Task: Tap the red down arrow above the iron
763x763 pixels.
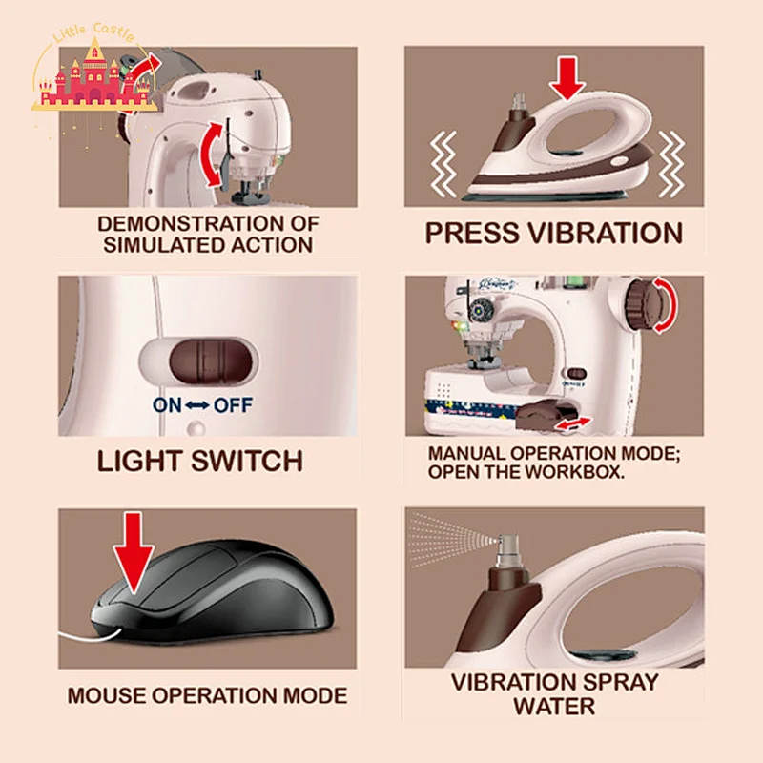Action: pyautogui.click(x=567, y=78)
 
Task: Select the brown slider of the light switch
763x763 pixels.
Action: pyautogui.click(x=210, y=361)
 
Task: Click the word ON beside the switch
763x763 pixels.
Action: pyautogui.click(x=167, y=404)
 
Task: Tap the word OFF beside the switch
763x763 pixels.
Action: pyautogui.click(x=233, y=404)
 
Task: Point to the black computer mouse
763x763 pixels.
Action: pyautogui.click(x=212, y=590)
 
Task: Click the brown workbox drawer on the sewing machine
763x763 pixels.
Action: pyautogui.click(x=541, y=415)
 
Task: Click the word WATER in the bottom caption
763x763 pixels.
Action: pyautogui.click(x=554, y=706)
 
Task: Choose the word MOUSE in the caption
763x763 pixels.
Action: pyautogui.click(x=107, y=695)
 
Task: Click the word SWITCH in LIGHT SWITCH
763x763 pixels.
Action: pyautogui.click(x=247, y=461)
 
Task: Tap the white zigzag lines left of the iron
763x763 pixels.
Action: pyautogui.click(x=443, y=163)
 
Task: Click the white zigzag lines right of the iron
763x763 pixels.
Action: pyautogui.click(x=671, y=163)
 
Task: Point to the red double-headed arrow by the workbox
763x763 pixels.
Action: pyautogui.click(x=574, y=423)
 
